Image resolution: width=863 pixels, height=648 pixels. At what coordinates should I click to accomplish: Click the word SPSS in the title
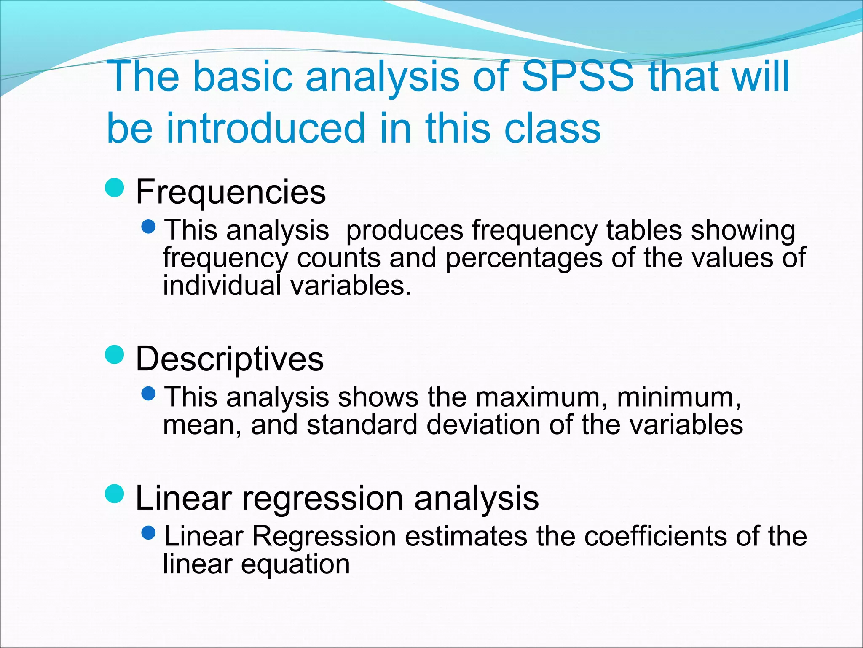click(x=577, y=77)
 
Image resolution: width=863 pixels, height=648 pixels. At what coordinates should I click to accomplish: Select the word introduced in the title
click(x=265, y=128)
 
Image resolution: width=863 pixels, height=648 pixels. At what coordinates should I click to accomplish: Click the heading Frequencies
click(x=230, y=192)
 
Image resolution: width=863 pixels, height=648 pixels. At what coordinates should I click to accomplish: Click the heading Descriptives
click(x=230, y=359)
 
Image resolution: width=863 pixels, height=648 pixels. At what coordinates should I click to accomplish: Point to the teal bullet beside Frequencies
click(x=115, y=188)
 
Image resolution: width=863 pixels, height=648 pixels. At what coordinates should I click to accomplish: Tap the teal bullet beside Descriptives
click(x=115, y=354)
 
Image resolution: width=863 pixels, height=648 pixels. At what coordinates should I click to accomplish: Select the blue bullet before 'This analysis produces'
click(x=149, y=228)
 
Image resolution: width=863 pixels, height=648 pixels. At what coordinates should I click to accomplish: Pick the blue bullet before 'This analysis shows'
click(x=149, y=394)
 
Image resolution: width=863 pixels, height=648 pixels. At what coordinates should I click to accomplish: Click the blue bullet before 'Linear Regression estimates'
click(x=149, y=534)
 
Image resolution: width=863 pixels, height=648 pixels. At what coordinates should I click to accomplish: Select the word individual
click(x=222, y=286)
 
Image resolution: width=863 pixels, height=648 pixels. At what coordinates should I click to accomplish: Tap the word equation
click(x=295, y=564)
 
